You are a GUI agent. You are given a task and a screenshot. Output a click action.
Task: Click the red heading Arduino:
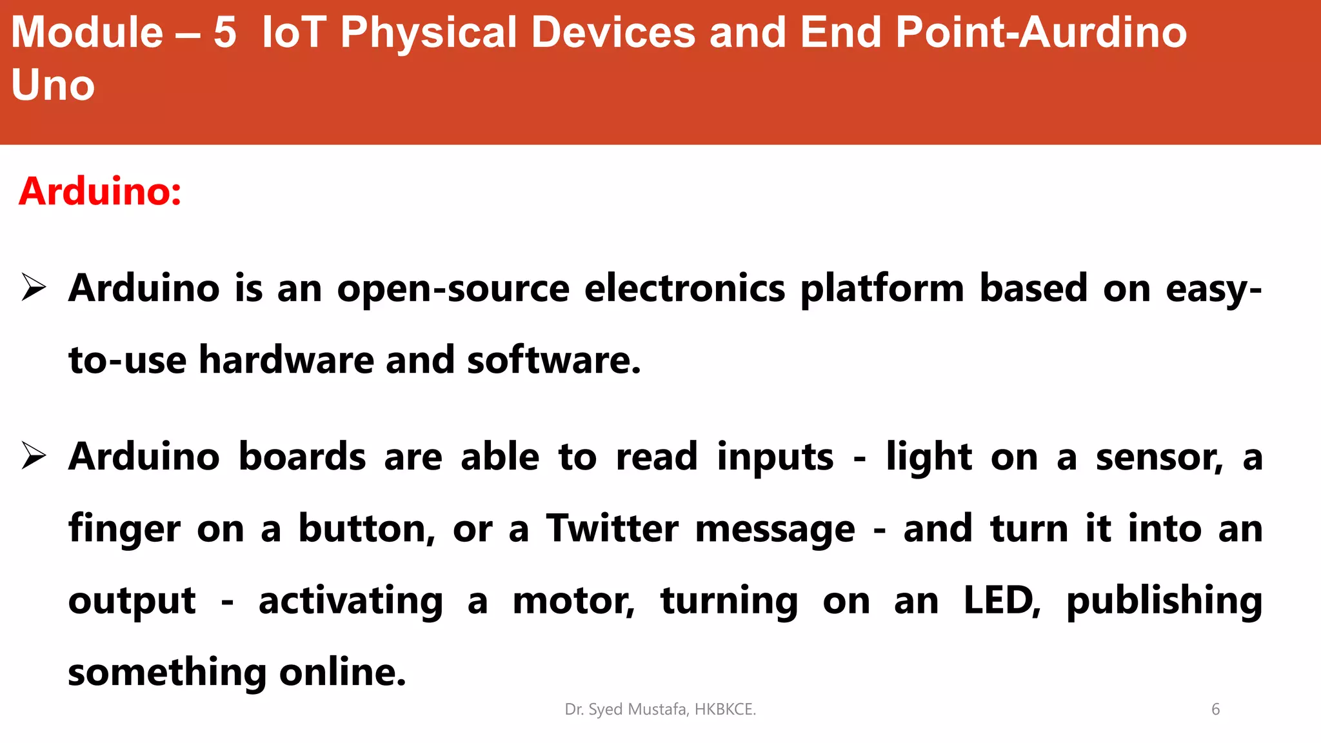coord(100,192)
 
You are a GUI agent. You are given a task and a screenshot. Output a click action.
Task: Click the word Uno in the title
coord(53,85)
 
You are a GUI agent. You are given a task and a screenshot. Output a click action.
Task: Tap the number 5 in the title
coord(225,32)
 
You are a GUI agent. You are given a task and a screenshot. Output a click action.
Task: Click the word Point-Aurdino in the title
coord(1041,32)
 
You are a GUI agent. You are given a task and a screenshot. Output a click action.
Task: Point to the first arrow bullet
coord(34,288)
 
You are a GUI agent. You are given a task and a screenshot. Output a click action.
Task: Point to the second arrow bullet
coord(34,456)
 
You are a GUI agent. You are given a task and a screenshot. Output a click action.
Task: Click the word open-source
coord(453,288)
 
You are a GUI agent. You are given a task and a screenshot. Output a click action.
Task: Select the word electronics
coord(684,288)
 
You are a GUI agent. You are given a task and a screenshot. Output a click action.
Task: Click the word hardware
coord(286,359)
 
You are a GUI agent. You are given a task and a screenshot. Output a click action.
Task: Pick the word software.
coord(553,359)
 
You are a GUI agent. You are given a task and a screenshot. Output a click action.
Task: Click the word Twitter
coord(612,529)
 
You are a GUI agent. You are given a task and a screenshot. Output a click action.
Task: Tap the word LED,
coord(1002,601)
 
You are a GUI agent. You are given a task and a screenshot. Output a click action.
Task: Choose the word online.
coord(343,673)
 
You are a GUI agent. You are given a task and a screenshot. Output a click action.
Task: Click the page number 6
coord(1215,709)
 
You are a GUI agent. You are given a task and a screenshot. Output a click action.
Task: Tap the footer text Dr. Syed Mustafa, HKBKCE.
coord(660,709)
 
